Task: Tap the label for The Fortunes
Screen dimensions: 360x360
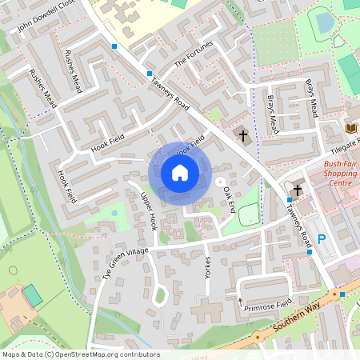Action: click(x=193, y=53)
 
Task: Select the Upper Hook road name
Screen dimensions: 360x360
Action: click(x=147, y=211)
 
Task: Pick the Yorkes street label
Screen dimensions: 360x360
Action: click(x=208, y=266)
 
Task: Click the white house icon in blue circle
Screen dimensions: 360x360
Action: click(x=180, y=172)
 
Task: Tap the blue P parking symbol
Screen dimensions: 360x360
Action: click(x=322, y=238)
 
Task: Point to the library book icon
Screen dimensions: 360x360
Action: click(x=350, y=128)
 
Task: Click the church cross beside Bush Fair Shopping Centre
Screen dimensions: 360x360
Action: click(x=298, y=190)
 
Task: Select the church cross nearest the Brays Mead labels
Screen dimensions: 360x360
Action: click(x=243, y=136)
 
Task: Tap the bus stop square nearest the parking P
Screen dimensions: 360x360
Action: click(x=310, y=252)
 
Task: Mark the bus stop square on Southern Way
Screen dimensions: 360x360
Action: click(x=342, y=294)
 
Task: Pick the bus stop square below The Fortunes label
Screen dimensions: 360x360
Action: click(x=150, y=74)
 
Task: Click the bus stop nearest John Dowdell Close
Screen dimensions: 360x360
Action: click(x=114, y=47)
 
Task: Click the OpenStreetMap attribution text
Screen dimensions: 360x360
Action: click(x=80, y=354)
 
